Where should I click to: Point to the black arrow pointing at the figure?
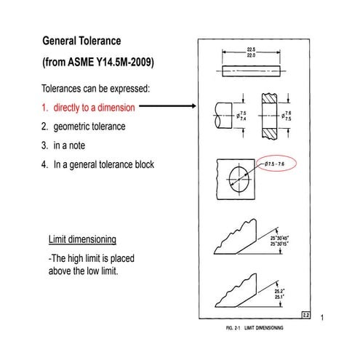click(x=167, y=107)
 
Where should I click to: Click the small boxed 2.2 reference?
click(x=306, y=313)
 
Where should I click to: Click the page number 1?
click(x=321, y=318)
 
